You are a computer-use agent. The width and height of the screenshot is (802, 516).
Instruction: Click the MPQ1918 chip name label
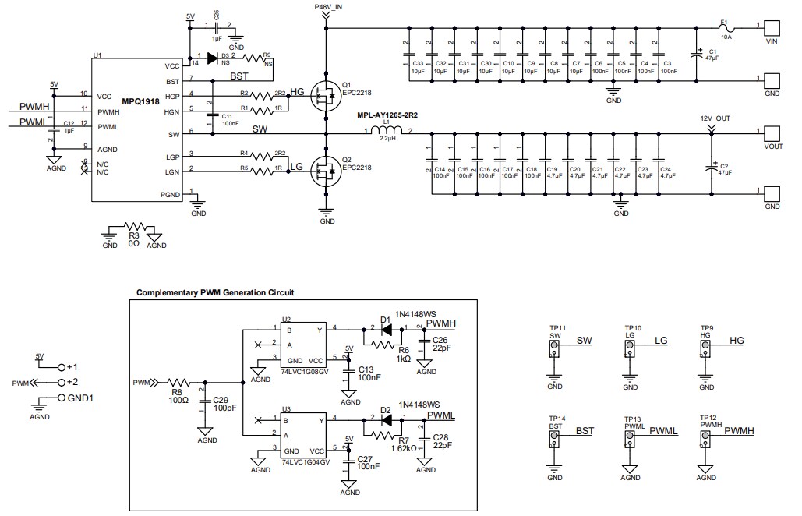point(142,101)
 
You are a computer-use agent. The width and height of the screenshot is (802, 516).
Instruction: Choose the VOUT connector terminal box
point(772,133)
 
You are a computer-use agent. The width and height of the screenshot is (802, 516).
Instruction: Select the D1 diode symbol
point(384,327)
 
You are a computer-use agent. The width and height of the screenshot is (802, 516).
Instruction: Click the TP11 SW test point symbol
point(554,349)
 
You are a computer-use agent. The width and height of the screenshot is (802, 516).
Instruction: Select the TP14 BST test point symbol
point(554,440)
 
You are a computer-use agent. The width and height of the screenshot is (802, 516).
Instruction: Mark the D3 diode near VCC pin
point(212,56)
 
